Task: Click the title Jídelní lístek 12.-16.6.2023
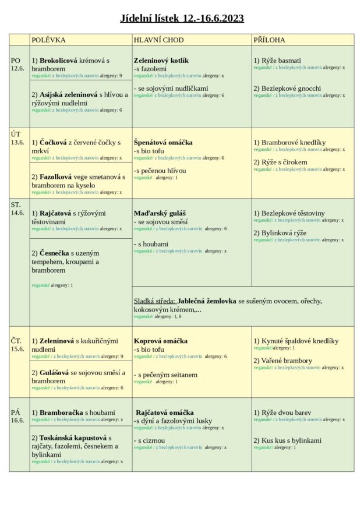182,18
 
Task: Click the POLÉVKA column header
48,40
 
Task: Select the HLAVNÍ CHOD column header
158,40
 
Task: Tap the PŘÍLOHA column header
269,40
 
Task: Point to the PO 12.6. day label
17,64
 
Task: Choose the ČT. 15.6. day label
17,344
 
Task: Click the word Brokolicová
58,61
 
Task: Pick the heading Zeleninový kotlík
161,61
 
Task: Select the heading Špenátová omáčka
163,142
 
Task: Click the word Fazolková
55,177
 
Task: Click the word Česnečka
54,253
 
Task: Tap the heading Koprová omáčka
161,341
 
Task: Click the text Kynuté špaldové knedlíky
299,341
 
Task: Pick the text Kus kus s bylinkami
291,440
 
